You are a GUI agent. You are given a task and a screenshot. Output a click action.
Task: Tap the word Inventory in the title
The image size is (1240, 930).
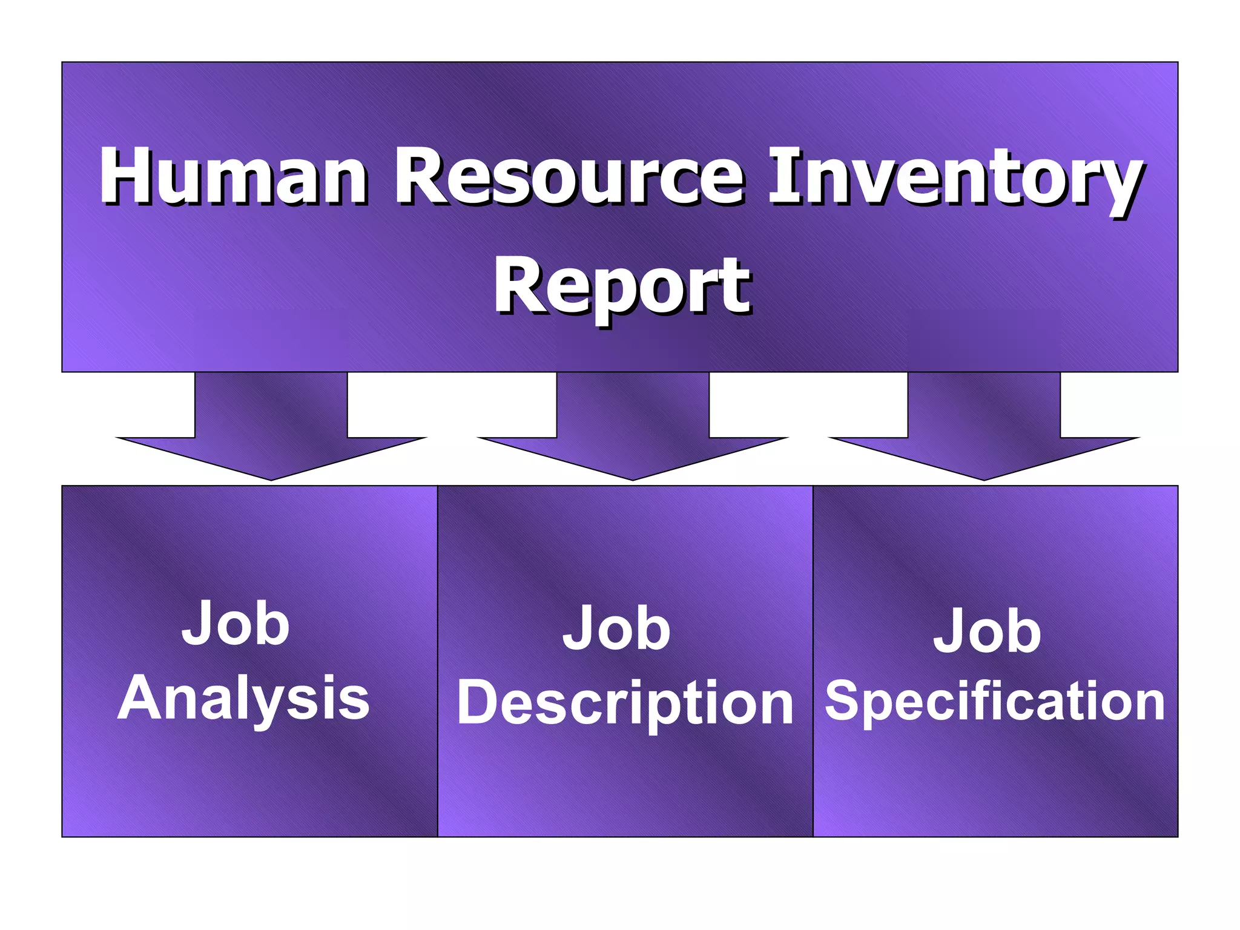tap(955, 179)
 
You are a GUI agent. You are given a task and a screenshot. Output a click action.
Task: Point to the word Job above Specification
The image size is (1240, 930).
tap(987, 631)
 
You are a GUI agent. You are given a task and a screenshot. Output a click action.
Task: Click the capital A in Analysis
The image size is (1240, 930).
tap(140, 697)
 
